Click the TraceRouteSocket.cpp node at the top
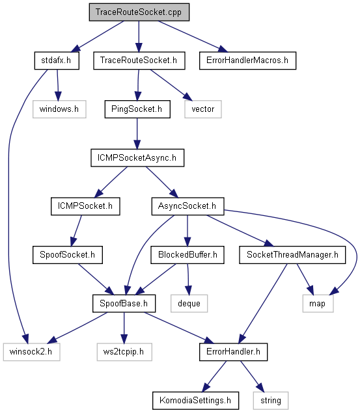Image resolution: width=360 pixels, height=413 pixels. pyautogui.click(x=139, y=12)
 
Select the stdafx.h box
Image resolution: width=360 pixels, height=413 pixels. pyautogui.click(x=57, y=60)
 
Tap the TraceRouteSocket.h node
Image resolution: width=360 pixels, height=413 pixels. pyautogui.click(x=139, y=60)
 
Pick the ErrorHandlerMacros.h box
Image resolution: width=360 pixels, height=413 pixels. pyautogui.click(x=247, y=60)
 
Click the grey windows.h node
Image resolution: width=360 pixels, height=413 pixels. pyautogui.click(x=59, y=109)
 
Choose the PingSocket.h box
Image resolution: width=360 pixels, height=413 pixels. pyautogui.click(x=137, y=109)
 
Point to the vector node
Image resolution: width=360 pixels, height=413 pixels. pyautogui.click(x=203, y=109)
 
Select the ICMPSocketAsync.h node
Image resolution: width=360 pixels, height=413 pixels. pyautogui.click(x=137, y=158)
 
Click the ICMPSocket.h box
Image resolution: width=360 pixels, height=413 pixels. pyautogui.click(x=85, y=206)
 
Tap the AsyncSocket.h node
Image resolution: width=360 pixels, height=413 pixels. pyautogui.click(x=187, y=206)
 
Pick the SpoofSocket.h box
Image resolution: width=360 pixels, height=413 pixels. pyautogui.click(x=68, y=255)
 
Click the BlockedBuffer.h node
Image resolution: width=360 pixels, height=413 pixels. pyautogui.click(x=187, y=255)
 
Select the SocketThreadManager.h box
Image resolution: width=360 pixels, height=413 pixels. pyautogui.click(x=292, y=255)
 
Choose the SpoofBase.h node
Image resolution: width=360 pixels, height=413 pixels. pyautogui.click(x=124, y=304)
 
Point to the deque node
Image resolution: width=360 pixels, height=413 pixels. pyautogui.click(x=189, y=304)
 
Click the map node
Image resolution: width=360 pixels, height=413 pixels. pyautogui.click(x=318, y=304)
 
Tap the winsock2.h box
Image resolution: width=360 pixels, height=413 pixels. pyautogui.click(x=31, y=352)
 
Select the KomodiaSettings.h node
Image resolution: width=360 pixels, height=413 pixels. pyautogui.click(x=195, y=401)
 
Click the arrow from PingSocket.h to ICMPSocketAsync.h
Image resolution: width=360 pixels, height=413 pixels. pyautogui.click(x=137, y=133)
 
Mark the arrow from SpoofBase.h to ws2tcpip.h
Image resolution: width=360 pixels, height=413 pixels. pyautogui.click(x=124, y=328)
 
